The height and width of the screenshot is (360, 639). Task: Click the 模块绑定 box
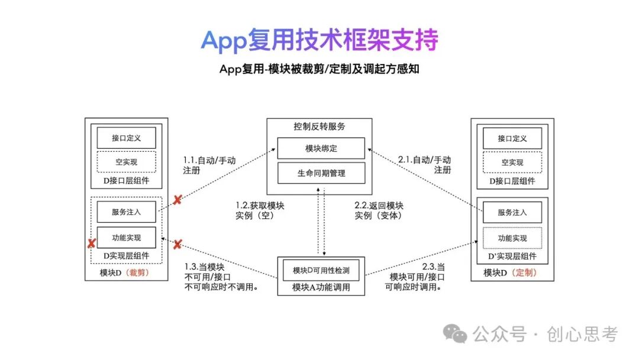coord(321,148)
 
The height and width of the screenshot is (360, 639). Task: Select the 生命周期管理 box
coord(321,173)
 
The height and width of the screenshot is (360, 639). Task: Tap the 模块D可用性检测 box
coord(321,271)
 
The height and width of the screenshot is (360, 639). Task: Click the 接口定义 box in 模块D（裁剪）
coord(126,138)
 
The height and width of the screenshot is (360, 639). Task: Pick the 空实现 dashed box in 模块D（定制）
coord(512,162)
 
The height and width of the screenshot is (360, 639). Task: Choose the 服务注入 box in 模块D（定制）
coord(512,212)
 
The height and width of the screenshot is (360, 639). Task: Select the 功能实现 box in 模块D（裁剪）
coord(126,237)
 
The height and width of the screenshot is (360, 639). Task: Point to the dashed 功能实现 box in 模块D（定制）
coord(512,238)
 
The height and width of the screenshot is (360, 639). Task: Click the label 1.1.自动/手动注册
coord(209,165)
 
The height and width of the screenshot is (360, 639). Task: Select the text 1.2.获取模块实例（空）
coord(260,211)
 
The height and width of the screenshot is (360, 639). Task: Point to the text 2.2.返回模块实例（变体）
coord(379,211)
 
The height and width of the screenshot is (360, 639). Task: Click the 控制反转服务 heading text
coord(319,126)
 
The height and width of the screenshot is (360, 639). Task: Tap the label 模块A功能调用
coord(321,288)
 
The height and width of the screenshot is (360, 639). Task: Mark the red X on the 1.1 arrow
coord(176,200)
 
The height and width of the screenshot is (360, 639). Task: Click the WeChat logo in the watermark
coord(456,335)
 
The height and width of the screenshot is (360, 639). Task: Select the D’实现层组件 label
coord(512,256)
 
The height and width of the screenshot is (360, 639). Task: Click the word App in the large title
coord(224,40)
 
